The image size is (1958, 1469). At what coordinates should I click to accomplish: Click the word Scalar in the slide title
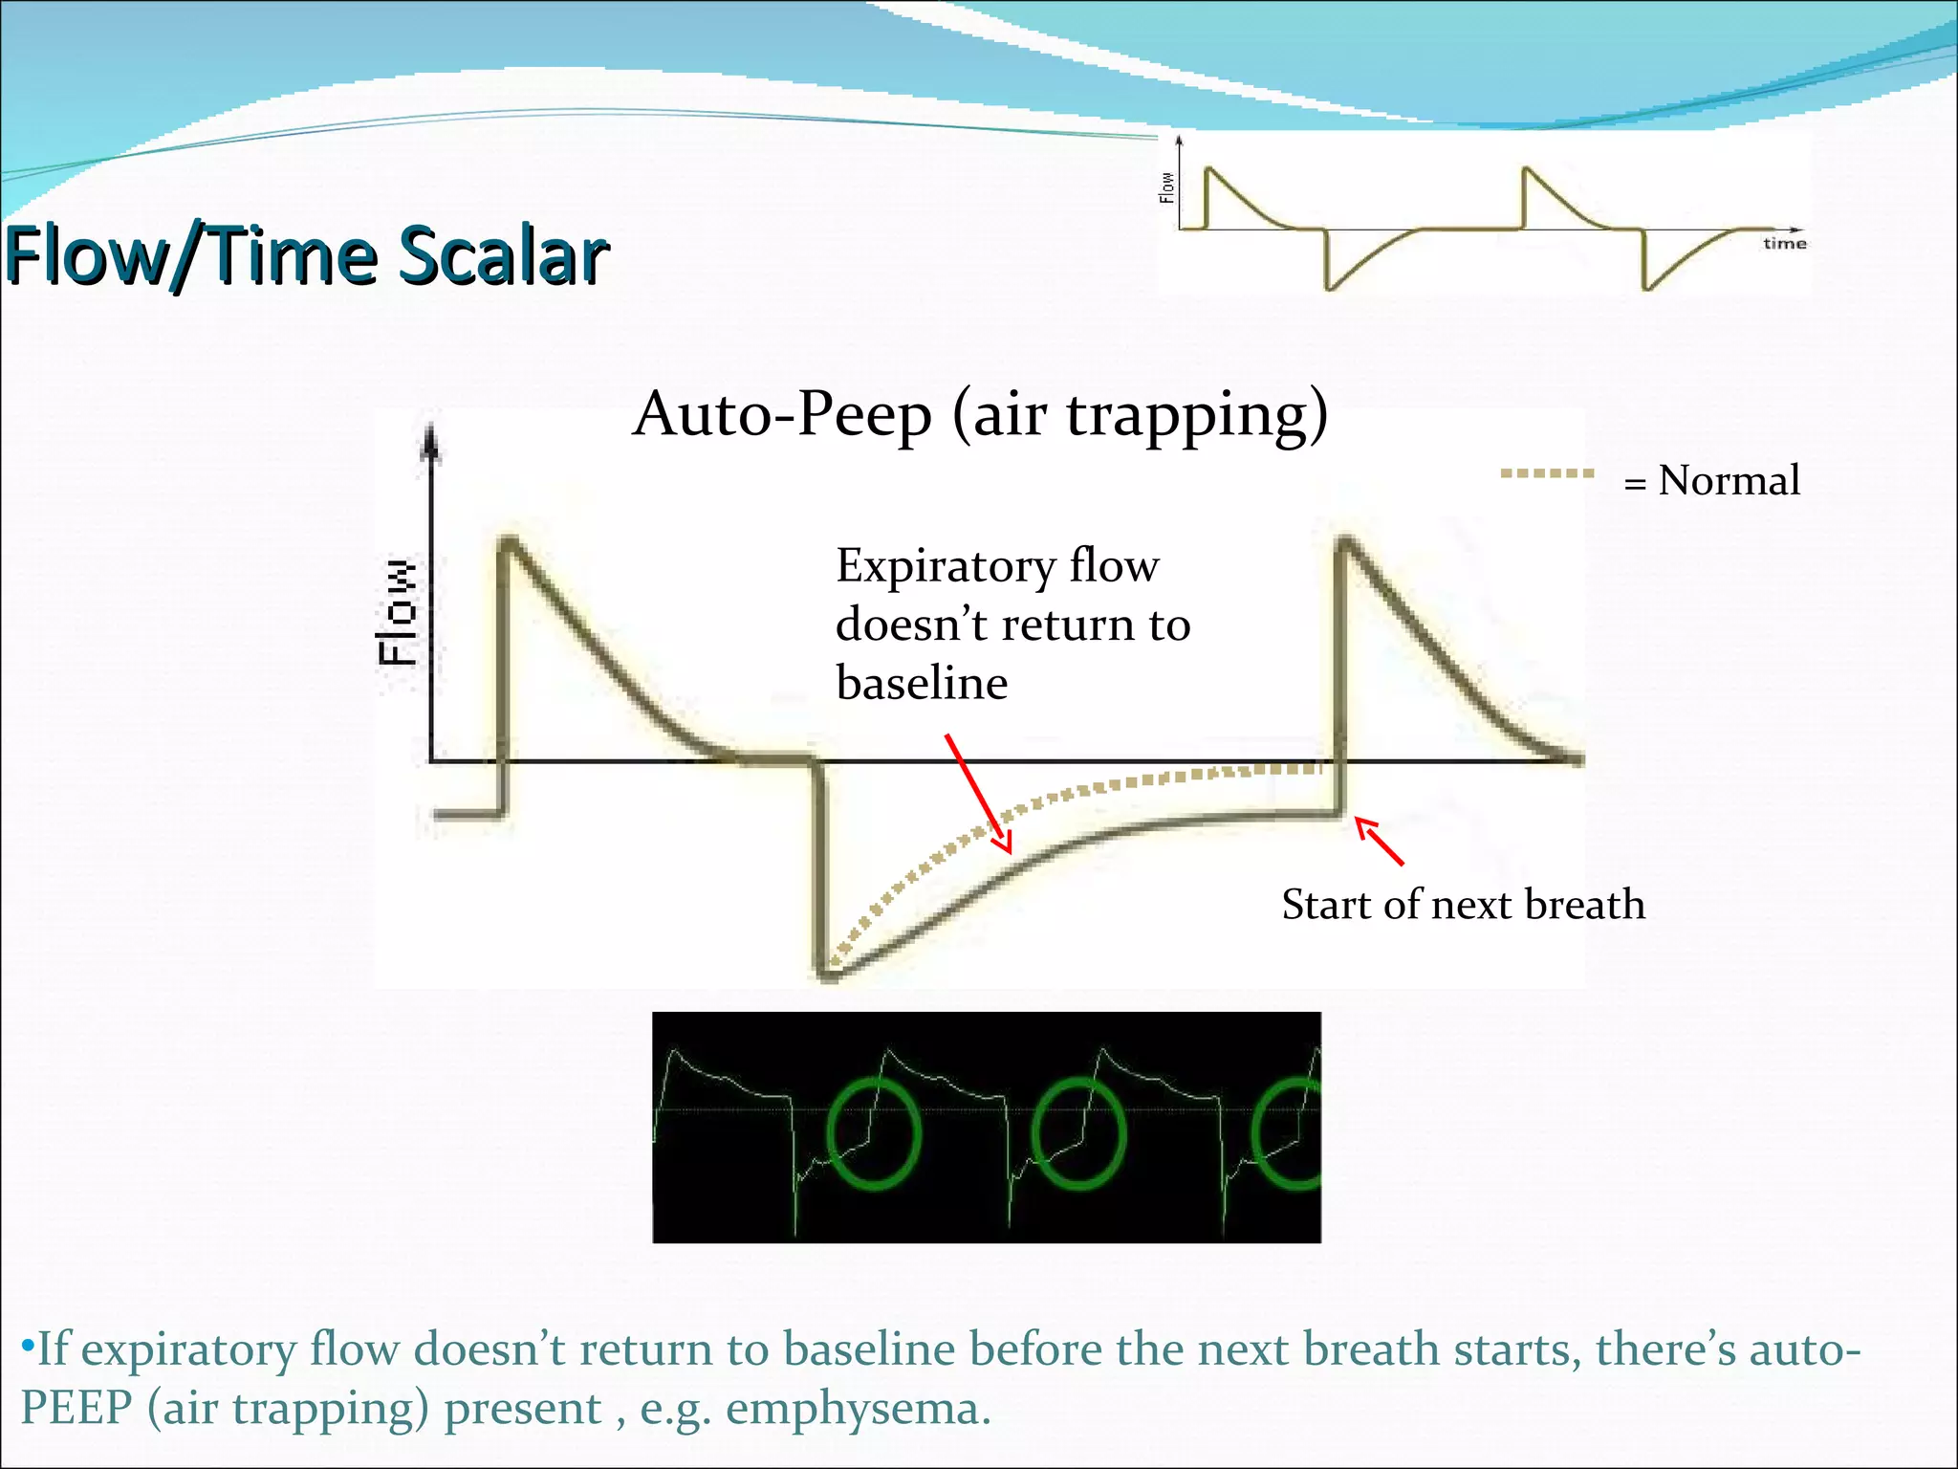coord(503,256)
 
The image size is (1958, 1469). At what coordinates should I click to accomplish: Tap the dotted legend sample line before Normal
coord(1546,473)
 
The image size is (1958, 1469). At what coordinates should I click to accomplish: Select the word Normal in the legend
coord(1729,480)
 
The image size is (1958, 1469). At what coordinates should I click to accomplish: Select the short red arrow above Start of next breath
coord(1379,841)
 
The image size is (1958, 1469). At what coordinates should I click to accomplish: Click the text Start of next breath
coord(1463,905)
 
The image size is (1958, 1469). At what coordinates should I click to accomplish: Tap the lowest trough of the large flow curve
coord(827,975)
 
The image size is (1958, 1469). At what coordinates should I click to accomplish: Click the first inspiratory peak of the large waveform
coord(509,542)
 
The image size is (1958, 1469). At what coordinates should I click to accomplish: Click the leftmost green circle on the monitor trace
coord(873,1133)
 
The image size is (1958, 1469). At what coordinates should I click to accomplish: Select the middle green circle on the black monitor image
coord(1079,1133)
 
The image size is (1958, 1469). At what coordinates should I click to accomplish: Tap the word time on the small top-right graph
coord(1784,244)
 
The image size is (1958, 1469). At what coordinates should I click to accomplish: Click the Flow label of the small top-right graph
coord(1166,187)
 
